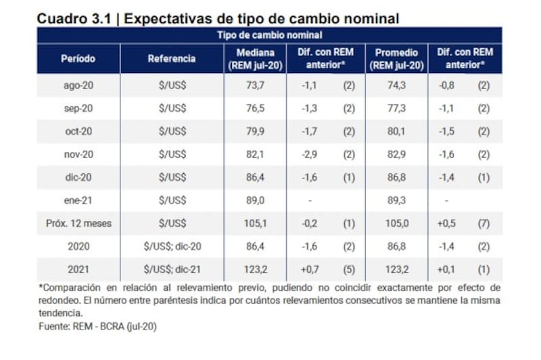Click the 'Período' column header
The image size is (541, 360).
click(78, 58)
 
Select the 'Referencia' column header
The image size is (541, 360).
click(172, 58)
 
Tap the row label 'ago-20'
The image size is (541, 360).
click(78, 85)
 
